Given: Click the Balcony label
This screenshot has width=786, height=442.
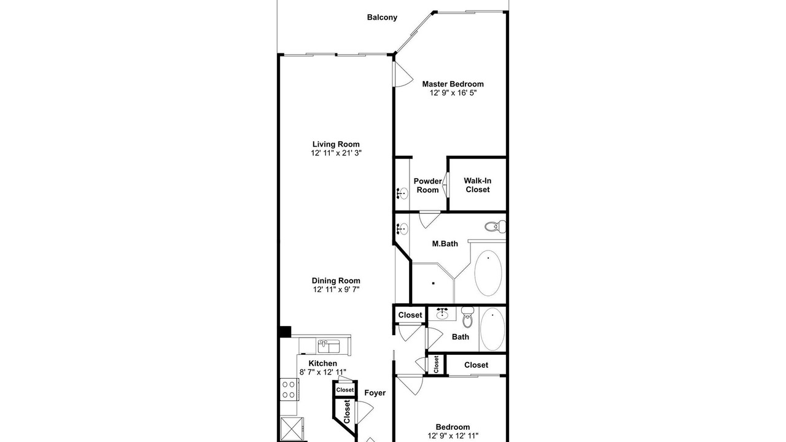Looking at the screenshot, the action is click(x=382, y=17).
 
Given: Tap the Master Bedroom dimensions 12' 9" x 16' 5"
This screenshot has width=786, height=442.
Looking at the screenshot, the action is click(x=453, y=93).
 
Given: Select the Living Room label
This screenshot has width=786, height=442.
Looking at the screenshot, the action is click(x=336, y=144).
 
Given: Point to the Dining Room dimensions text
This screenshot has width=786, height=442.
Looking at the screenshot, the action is click(x=336, y=290).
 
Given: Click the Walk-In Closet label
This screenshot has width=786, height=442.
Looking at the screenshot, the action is click(x=478, y=185).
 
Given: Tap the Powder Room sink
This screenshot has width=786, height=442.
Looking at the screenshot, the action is click(x=402, y=193).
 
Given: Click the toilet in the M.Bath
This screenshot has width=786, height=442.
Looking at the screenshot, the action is click(x=495, y=227).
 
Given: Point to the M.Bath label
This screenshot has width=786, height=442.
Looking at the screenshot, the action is click(x=445, y=244).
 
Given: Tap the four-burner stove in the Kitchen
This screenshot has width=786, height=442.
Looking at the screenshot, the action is click(x=289, y=389).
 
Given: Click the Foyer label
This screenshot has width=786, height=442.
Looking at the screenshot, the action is click(x=375, y=393).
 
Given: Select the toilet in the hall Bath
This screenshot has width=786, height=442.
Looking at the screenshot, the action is click(x=467, y=317).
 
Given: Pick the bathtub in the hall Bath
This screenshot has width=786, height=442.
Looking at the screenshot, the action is click(x=492, y=330).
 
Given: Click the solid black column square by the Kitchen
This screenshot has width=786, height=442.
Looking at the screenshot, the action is click(x=286, y=332).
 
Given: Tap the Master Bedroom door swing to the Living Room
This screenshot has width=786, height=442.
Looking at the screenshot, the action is click(x=403, y=74).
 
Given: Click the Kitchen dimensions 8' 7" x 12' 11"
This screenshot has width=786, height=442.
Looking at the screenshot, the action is click(x=323, y=372).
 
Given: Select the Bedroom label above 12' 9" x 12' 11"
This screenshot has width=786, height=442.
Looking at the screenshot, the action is click(x=453, y=427).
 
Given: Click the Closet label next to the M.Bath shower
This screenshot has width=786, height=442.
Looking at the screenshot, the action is click(x=410, y=315).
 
